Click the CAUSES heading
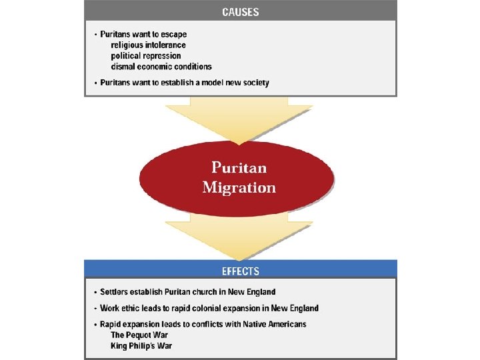pyautogui.click(x=240, y=11)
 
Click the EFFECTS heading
pyautogui.click(x=240, y=271)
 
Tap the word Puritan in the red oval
pyautogui.click(x=239, y=167)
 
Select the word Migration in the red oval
pyautogui.click(x=239, y=187)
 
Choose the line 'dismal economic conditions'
pyautogui.click(x=161, y=67)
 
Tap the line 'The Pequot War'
pyautogui.click(x=139, y=335)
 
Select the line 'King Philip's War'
pyautogui.click(x=141, y=345)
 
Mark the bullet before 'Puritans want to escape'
pyautogui.click(x=95, y=34)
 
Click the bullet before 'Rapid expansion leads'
pyautogui.click(x=95, y=325)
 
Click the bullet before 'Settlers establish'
pyautogui.click(x=95, y=293)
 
